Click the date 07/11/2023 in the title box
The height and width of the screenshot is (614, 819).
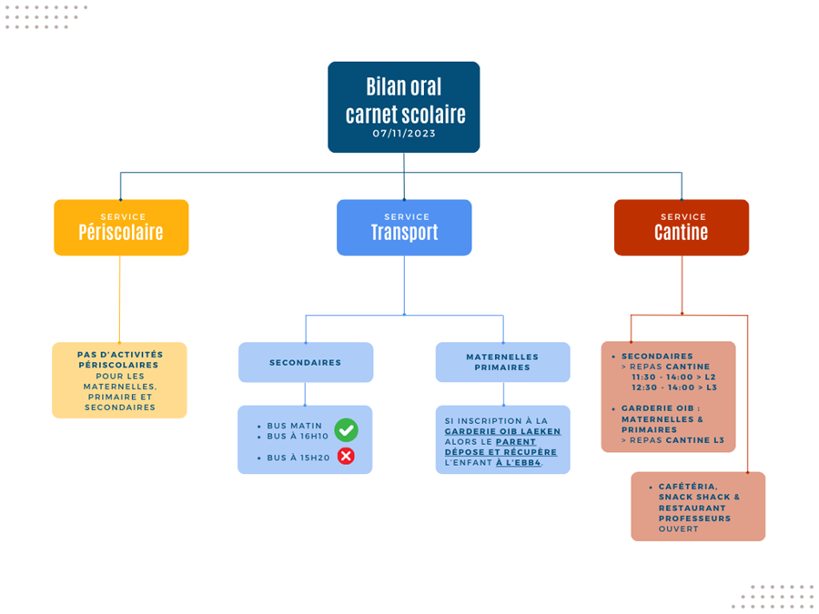click(404, 133)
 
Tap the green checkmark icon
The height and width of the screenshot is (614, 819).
click(346, 430)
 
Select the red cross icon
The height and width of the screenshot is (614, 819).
click(346, 456)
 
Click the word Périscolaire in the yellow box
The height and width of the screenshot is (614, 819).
click(121, 232)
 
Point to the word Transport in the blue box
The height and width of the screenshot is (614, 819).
click(404, 232)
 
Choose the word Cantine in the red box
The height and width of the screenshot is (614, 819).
click(681, 232)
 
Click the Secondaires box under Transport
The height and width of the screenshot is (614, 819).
click(306, 362)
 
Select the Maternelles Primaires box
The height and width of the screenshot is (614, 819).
click(502, 362)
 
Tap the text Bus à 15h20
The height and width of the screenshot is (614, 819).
click(298, 458)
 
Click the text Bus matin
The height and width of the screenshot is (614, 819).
click(295, 426)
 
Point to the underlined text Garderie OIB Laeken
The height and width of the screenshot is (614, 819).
click(502, 432)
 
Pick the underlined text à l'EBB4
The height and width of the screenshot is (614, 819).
click(518, 463)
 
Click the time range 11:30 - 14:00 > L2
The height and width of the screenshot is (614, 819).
click(673, 377)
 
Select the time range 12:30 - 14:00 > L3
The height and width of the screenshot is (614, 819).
click(673, 388)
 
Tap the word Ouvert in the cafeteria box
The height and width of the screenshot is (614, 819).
click(678, 528)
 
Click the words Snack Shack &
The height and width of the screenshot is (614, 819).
click(699, 497)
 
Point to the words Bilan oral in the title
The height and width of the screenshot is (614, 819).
click(404, 86)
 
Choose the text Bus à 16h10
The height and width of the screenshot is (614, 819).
click(298, 437)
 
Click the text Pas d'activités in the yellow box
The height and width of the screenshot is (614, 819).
click(120, 355)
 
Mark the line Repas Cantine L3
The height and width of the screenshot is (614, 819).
click(672, 440)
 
